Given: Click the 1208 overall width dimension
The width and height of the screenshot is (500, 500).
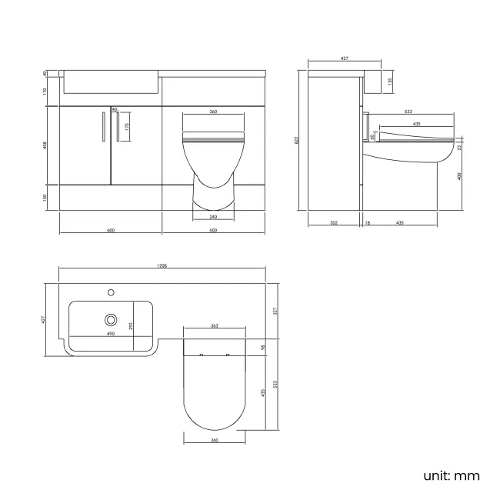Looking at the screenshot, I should pyautogui.click(x=162, y=265).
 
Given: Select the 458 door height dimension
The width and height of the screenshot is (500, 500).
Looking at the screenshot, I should pyautogui.click(x=45, y=145).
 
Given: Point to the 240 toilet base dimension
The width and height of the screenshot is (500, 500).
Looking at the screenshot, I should pyautogui.click(x=213, y=217).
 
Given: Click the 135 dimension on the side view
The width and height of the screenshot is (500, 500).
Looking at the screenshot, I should pyautogui.click(x=390, y=80).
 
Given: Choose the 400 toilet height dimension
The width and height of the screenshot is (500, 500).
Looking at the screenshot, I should pyautogui.click(x=461, y=176).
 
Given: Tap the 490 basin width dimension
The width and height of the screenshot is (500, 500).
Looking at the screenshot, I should pyautogui.click(x=111, y=335).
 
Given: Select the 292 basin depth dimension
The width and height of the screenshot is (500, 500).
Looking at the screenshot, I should pyautogui.click(x=132, y=325).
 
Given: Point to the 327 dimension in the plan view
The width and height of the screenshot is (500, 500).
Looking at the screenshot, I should pyautogui.click(x=275, y=311).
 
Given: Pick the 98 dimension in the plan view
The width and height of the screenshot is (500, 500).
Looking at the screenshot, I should pyautogui.click(x=262, y=348).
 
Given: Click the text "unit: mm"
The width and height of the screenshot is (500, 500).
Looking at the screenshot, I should pyautogui.click(x=451, y=475).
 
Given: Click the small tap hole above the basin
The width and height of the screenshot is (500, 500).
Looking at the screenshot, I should pyautogui.click(x=112, y=292).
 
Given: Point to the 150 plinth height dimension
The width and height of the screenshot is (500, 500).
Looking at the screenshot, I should pyautogui.click(x=45, y=198).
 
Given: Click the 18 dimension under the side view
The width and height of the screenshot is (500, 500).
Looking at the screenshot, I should pyautogui.click(x=368, y=223).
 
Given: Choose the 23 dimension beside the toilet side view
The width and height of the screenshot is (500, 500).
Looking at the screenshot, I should pyautogui.click(x=460, y=146).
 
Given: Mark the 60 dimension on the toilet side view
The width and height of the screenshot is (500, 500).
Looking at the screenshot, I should pyautogui.click(x=372, y=137).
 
